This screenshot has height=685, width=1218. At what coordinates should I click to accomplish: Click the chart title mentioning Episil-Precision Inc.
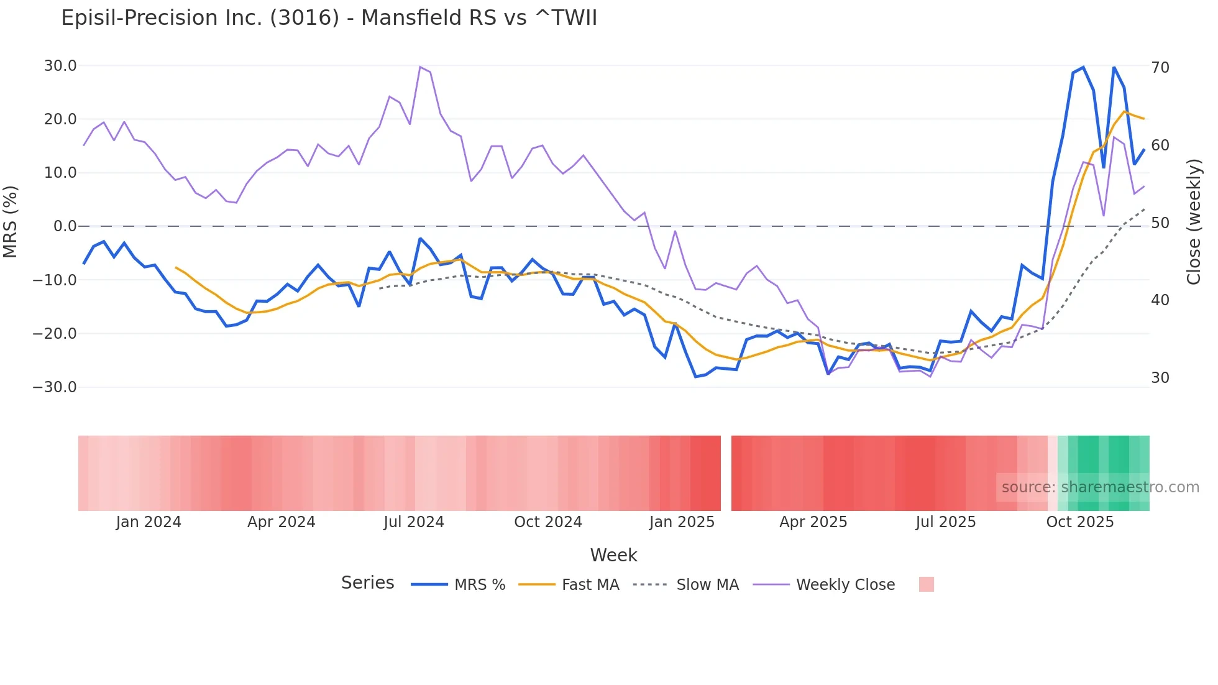(329, 18)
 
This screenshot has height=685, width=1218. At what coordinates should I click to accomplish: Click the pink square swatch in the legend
(926, 584)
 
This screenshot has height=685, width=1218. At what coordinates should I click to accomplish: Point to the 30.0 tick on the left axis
(60, 66)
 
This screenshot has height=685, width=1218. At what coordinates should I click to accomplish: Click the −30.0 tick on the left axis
(55, 387)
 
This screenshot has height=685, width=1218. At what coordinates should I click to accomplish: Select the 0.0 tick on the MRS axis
(65, 226)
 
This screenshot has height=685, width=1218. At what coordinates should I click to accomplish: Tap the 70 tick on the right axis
(1160, 67)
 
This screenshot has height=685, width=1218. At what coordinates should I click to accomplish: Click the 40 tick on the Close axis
(1160, 300)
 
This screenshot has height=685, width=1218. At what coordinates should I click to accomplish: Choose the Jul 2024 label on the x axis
(414, 522)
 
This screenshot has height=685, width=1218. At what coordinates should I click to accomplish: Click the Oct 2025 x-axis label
(1080, 522)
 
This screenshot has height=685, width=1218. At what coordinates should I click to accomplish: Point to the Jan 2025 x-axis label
(682, 522)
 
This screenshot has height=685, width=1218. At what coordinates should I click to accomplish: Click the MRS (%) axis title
(11, 221)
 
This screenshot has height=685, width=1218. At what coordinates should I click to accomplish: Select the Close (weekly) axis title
(1194, 222)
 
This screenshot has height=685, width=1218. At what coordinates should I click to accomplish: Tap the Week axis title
(613, 555)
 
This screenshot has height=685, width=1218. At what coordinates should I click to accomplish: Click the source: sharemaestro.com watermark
(1100, 487)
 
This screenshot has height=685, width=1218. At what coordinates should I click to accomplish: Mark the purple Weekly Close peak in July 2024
(421, 67)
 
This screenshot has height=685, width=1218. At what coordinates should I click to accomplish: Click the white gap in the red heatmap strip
(726, 473)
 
